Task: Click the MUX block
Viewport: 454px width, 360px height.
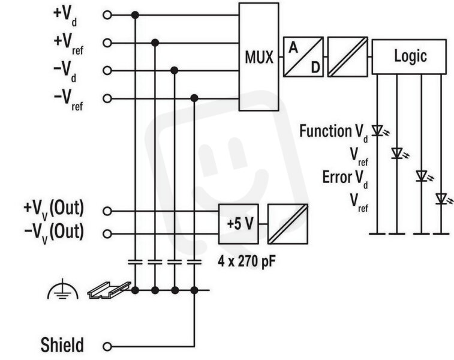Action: pos(259,57)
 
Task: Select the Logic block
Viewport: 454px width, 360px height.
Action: pos(409,56)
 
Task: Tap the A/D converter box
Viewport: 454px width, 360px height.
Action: pos(303,57)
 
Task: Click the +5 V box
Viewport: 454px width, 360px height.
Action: pos(239,224)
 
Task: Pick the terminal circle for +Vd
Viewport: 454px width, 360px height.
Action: pos(107,15)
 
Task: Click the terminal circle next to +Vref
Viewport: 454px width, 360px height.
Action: pos(107,43)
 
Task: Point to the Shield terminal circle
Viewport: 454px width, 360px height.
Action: pos(107,346)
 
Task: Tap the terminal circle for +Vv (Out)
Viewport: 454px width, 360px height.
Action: pos(107,211)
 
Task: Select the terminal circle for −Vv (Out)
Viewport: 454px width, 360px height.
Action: pos(107,234)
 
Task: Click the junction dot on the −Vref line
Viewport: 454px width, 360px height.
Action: pos(194,98)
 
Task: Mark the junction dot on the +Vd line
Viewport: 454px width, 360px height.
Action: pos(135,15)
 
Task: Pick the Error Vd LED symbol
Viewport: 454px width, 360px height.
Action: pos(423,176)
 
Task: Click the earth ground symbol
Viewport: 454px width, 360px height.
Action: pos(63,289)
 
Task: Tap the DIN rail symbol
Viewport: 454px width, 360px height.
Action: pos(109,290)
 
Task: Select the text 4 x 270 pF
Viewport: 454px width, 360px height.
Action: pos(246,262)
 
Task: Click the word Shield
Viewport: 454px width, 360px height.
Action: pos(62,345)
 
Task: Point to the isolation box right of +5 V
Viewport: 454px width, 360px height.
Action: pos(287,224)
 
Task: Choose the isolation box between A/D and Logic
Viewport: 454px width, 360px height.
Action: pos(347,57)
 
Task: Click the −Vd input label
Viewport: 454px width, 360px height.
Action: pos(65,71)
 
